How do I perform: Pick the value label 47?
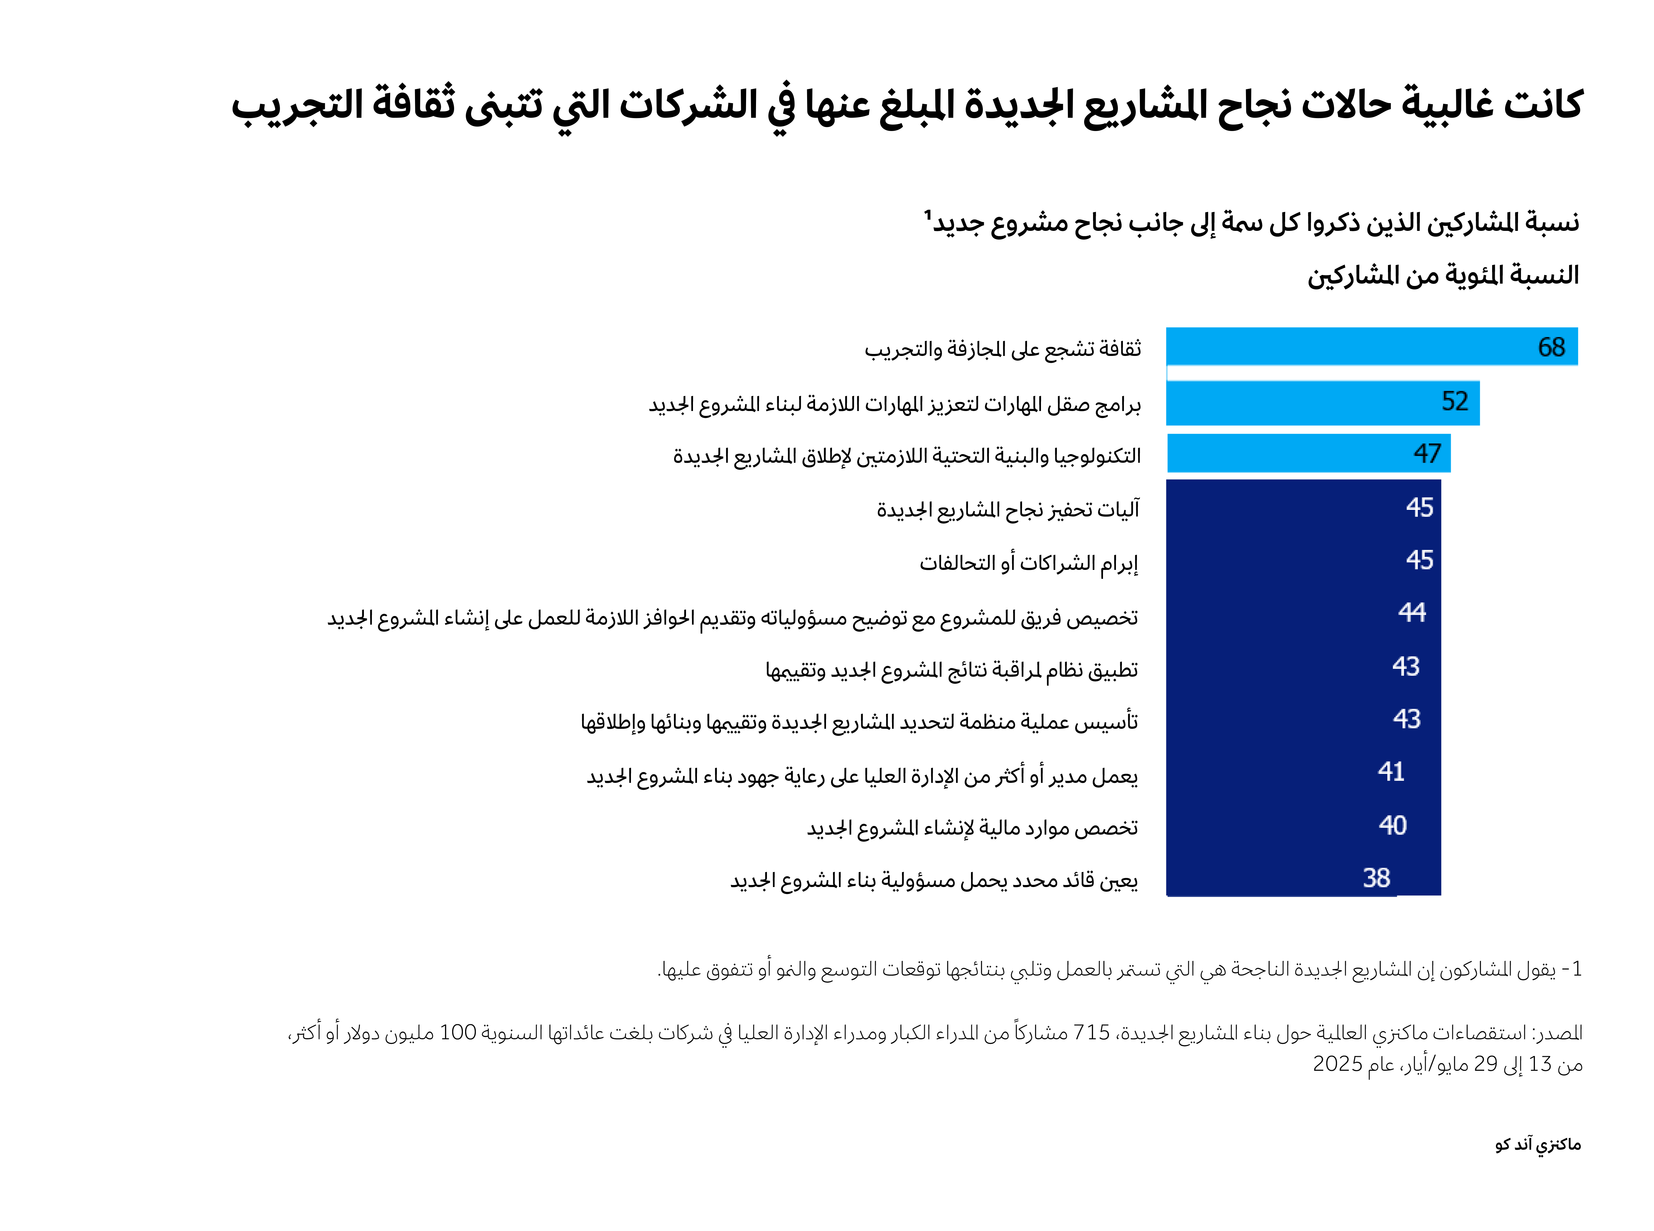[1427, 453]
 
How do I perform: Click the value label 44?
[1412, 613]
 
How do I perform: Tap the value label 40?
[1392, 825]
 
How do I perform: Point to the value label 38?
[1376, 878]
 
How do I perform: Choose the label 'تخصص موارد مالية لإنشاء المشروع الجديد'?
[972, 828]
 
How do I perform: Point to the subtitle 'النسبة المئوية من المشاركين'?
[1443, 276]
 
